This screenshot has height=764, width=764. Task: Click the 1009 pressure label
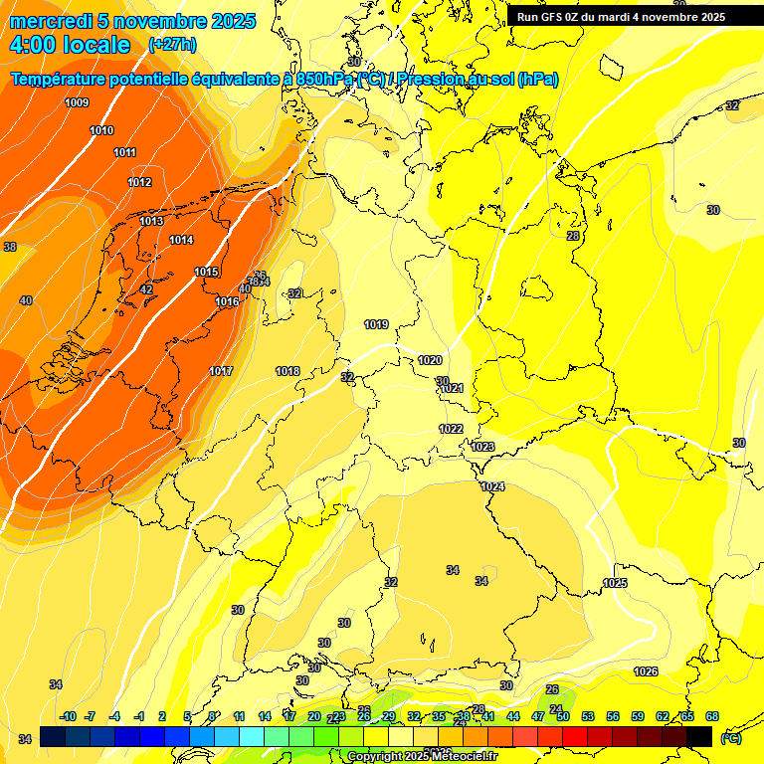coord(77,103)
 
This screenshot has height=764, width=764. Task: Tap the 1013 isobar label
coord(151,221)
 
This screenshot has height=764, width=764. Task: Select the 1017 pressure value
coord(221,371)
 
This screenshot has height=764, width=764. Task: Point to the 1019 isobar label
coord(376,325)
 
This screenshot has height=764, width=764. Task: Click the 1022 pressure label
coord(451,429)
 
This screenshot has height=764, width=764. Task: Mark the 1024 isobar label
coord(492,486)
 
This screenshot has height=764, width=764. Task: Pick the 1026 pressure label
coord(646,671)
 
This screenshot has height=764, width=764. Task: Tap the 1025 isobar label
coord(615,583)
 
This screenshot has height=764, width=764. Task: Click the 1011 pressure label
coord(125,152)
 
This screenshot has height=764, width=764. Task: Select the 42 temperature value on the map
coord(146,289)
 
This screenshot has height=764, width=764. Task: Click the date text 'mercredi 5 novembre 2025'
coord(132,21)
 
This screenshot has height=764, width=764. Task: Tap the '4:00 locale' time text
coord(70,45)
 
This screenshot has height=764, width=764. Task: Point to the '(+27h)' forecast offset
coord(172,45)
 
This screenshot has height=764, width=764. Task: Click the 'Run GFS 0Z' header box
coord(621,17)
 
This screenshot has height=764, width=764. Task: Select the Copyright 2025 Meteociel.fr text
coord(422,756)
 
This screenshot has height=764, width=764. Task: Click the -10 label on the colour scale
coord(68,716)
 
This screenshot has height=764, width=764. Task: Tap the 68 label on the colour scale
coord(712,716)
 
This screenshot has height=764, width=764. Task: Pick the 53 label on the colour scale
coord(588,716)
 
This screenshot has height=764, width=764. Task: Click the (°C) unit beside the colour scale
coord(731,737)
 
